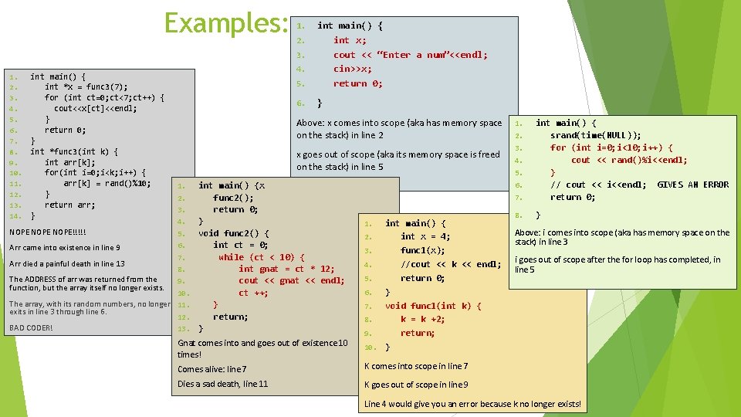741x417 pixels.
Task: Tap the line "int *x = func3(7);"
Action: pos(86,87)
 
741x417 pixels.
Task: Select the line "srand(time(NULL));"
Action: pos(595,135)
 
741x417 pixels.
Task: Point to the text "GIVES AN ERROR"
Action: pos(692,185)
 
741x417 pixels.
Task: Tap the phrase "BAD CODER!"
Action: pos(31,327)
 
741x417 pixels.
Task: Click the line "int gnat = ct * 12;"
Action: pos(286,269)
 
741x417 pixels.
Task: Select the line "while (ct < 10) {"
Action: pos(261,257)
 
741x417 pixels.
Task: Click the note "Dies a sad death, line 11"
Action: pos(223,384)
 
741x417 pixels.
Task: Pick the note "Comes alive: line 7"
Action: pos(212,369)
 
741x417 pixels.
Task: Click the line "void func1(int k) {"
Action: pos(433,306)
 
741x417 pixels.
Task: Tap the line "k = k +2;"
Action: pos(423,319)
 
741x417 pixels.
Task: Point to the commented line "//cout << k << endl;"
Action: pos(450,264)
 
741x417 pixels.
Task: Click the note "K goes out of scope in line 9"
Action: pos(416,385)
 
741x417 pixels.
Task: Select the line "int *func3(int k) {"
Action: pos(74,152)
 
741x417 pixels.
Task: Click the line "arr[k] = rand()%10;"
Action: pos(107,183)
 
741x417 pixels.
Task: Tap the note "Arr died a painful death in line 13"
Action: pos(67,263)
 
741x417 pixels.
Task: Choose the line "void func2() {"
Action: pos(234,233)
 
